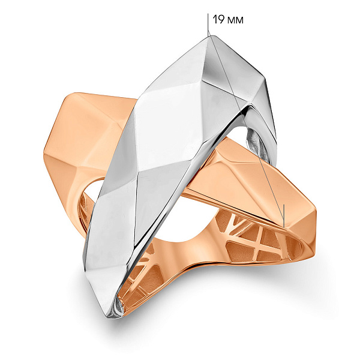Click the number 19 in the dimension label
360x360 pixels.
tap(218, 20)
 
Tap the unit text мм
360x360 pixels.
tap(235, 20)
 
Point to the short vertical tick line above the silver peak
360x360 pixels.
tap(208, 25)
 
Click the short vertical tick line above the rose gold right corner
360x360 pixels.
tap(284, 215)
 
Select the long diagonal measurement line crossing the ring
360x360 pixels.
tap(246, 131)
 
